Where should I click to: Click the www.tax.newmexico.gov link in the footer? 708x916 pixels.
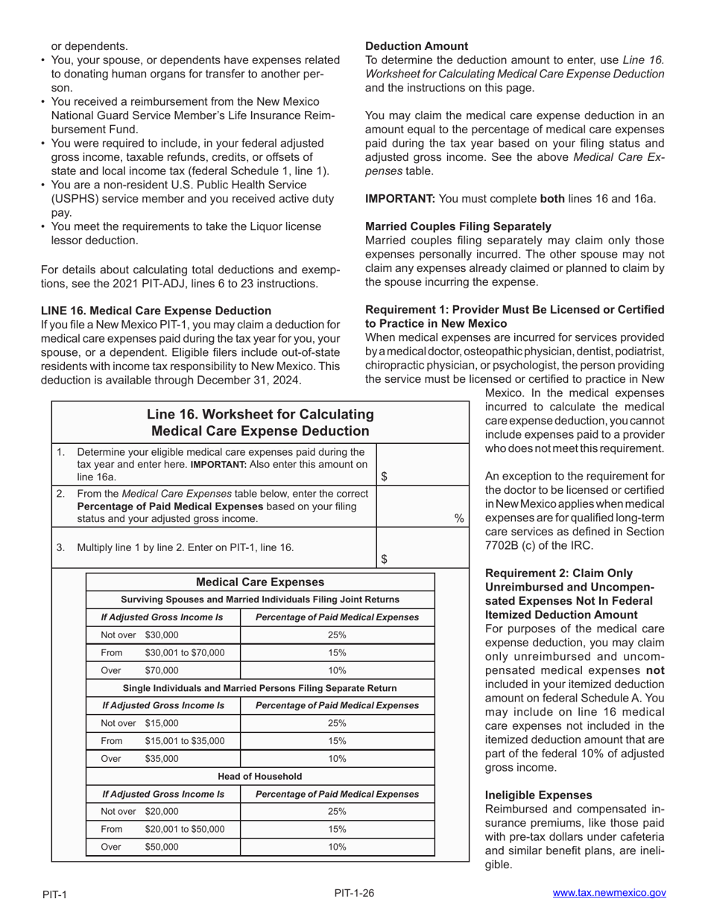(x=609, y=893)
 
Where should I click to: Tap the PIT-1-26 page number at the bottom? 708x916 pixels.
(x=354, y=892)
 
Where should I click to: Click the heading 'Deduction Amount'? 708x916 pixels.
(x=417, y=46)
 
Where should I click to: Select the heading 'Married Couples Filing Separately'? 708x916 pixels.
(x=458, y=226)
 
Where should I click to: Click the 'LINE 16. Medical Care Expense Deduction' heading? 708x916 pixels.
(x=157, y=311)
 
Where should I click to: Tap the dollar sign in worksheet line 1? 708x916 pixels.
(x=384, y=477)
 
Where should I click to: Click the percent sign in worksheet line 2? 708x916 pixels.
(x=459, y=518)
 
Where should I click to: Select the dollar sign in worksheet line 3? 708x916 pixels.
(x=384, y=559)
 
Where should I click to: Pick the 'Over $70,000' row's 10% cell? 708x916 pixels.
(x=337, y=671)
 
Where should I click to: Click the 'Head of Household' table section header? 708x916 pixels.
(x=259, y=777)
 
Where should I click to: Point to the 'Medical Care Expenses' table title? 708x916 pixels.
(x=259, y=582)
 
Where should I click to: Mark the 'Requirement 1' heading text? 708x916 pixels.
(x=514, y=317)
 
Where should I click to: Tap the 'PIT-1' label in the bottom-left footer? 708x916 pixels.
(x=54, y=894)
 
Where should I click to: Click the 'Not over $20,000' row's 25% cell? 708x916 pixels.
(x=337, y=812)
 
